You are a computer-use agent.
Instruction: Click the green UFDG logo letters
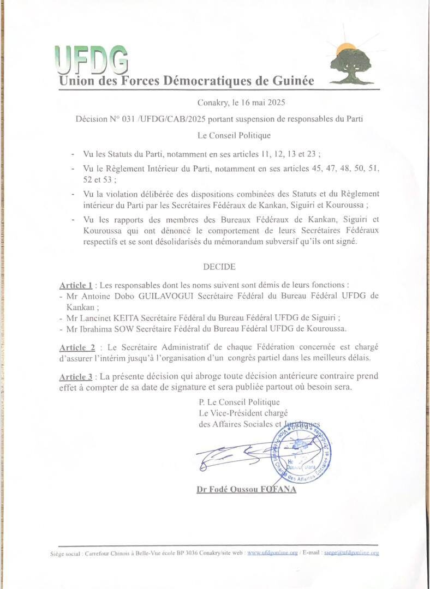pos(91,59)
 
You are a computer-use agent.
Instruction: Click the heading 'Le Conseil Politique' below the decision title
pos(234,135)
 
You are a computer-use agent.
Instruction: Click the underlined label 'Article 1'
pos(75,286)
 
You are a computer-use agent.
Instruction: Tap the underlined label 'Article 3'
pos(75,377)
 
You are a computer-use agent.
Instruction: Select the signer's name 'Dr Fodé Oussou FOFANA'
pos(246,490)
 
